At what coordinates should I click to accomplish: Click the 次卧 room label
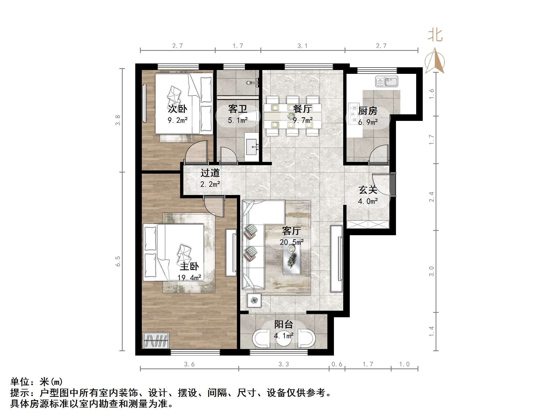click(x=177, y=109)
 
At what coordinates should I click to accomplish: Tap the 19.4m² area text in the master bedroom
click(x=189, y=278)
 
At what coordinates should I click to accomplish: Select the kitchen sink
click(x=387, y=82)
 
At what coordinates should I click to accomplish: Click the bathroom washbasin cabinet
click(x=251, y=147)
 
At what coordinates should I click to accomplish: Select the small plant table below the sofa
click(x=254, y=300)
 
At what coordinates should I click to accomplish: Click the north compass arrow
click(x=435, y=61)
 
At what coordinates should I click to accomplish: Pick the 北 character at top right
click(x=435, y=36)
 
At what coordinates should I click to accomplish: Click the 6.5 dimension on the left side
click(x=118, y=261)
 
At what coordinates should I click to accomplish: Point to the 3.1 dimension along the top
click(x=303, y=46)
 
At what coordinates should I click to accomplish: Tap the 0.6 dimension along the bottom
click(x=337, y=364)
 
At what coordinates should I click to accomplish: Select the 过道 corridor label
click(x=210, y=173)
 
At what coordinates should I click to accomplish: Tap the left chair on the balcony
click(x=261, y=339)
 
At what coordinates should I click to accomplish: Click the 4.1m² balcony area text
click(x=284, y=335)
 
